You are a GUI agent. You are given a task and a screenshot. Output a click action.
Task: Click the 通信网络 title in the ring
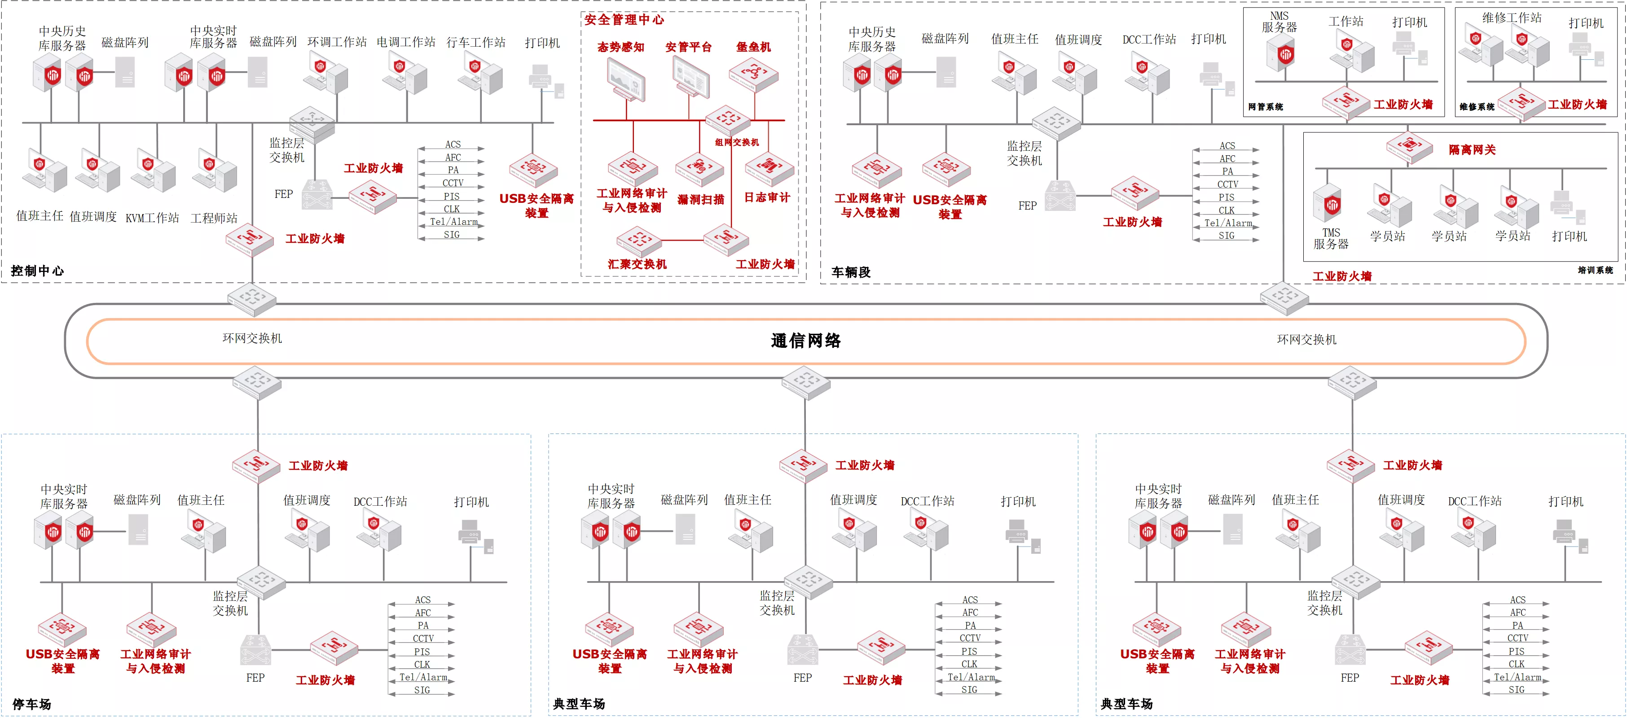click(x=805, y=341)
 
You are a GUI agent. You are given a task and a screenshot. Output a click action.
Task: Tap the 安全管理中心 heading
click(x=624, y=20)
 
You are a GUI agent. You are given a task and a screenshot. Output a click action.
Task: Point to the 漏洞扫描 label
click(x=700, y=200)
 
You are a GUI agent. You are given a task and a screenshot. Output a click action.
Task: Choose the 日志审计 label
click(x=767, y=197)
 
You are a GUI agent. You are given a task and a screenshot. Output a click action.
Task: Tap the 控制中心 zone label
click(x=37, y=271)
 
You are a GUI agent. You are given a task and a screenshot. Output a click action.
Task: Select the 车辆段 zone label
click(x=851, y=272)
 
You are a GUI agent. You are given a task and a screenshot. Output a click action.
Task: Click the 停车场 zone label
click(x=31, y=704)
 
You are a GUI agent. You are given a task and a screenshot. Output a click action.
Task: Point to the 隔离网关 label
click(x=1472, y=150)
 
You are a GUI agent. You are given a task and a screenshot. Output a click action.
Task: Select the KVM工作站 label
click(x=152, y=218)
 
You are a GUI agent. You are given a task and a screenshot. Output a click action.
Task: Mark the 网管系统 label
click(x=1266, y=107)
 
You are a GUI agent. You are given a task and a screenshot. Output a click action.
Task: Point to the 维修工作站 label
click(x=1512, y=18)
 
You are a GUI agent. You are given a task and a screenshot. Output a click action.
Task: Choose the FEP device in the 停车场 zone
click(x=256, y=650)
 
